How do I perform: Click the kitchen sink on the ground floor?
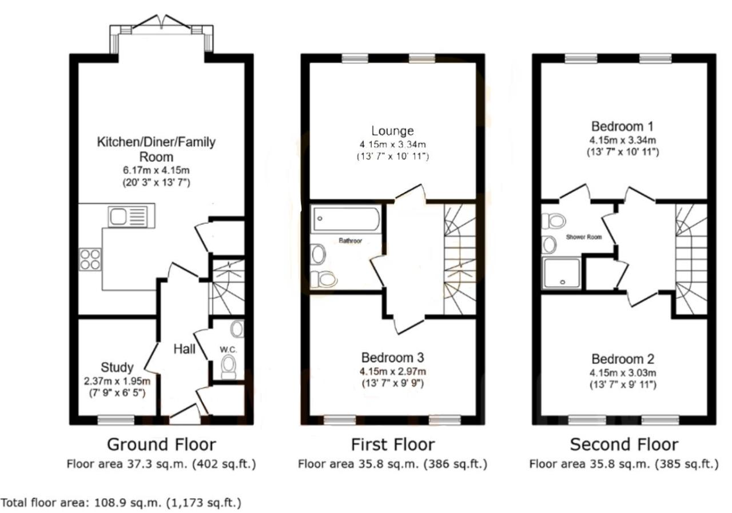coord(132,217)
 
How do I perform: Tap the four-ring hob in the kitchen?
coord(90,259)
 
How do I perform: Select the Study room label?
coord(117,367)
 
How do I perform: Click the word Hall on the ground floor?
coord(184,349)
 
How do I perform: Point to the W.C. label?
coord(228,350)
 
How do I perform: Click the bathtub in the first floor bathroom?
coord(346,219)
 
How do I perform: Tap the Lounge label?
coord(392,130)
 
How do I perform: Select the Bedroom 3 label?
coord(392,358)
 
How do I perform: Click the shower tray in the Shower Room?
coord(562,273)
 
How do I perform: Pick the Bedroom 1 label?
coord(623,126)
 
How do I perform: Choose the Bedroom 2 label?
coord(623,359)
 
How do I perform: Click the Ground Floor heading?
coord(161,444)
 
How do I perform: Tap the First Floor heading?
coord(393,444)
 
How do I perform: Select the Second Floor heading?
coord(624,444)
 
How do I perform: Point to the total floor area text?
coord(121,503)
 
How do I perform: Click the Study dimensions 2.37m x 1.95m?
coord(117,381)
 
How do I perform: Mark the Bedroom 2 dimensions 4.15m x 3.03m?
coord(623,372)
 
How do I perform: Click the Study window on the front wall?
coord(116,420)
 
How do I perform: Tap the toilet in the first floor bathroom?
coord(324,279)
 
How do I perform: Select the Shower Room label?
coord(584,237)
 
